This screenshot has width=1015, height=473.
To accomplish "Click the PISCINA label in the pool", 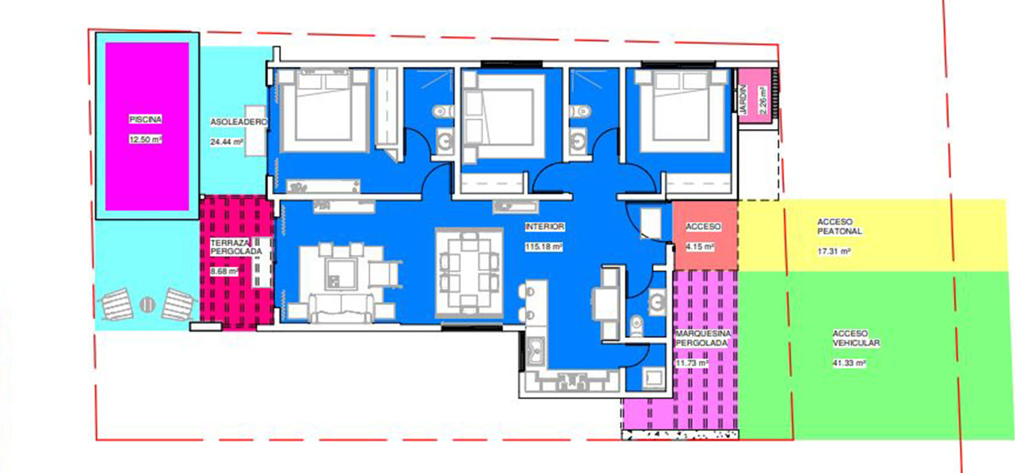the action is click(x=145, y=120).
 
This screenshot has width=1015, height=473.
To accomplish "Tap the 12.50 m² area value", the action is click(x=145, y=139).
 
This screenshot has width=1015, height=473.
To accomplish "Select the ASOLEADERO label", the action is click(x=238, y=122).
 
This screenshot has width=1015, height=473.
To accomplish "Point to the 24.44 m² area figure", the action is click(x=227, y=142).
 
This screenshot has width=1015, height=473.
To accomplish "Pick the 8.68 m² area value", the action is click(x=224, y=271).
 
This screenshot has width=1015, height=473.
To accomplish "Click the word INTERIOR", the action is click(x=545, y=227).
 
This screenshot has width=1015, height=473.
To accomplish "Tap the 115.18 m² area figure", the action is click(x=544, y=247).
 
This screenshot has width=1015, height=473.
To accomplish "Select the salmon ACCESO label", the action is click(x=703, y=226).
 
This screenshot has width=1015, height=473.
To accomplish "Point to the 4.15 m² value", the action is click(x=700, y=247).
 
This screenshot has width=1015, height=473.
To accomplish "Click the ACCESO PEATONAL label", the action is click(x=840, y=226).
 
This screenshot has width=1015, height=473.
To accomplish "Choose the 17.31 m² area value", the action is click(x=834, y=251).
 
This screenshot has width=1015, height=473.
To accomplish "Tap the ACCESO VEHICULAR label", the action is click(x=856, y=338).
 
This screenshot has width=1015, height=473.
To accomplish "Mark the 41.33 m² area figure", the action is click(x=849, y=363).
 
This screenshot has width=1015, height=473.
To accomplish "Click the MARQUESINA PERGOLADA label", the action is click(x=703, y=338).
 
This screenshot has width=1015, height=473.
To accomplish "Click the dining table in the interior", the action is click(x=469, y=272).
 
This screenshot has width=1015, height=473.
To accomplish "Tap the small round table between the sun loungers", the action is click(x=147, y=305).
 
